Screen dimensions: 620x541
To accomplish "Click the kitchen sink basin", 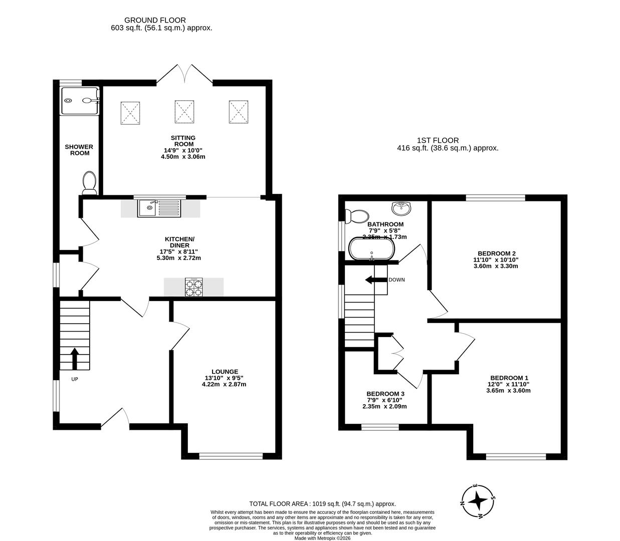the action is (147, 208).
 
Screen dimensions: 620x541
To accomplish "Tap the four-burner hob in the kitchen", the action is (193, 288).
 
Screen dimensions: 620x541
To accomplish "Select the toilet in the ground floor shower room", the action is (89, 183).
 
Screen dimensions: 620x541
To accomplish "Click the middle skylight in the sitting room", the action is (184, 112).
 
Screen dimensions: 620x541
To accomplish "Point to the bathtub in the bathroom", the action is (372, 248).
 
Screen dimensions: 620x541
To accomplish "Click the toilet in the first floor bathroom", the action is (357, 216).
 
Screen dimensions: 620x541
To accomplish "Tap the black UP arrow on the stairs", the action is (75, 359).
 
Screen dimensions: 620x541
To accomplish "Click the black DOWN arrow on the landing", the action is (376, 280).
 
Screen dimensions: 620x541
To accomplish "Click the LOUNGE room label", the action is (225, 372).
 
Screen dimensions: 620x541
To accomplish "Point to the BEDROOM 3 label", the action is (385, 394).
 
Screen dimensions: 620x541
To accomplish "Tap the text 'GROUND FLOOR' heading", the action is (155, 20).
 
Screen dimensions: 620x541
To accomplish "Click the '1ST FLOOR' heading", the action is (438, 140).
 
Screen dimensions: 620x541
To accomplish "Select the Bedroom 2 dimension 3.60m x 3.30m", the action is (496, 266).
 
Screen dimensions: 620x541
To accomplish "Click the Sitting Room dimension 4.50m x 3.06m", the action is (183, 156).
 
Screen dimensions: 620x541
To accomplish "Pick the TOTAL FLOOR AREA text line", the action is (322, 504).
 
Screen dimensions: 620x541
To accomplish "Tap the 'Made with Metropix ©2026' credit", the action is (322, 538).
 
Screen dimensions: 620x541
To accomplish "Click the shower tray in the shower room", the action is (80, 101).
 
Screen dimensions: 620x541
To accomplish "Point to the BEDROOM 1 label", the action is (509, 378).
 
